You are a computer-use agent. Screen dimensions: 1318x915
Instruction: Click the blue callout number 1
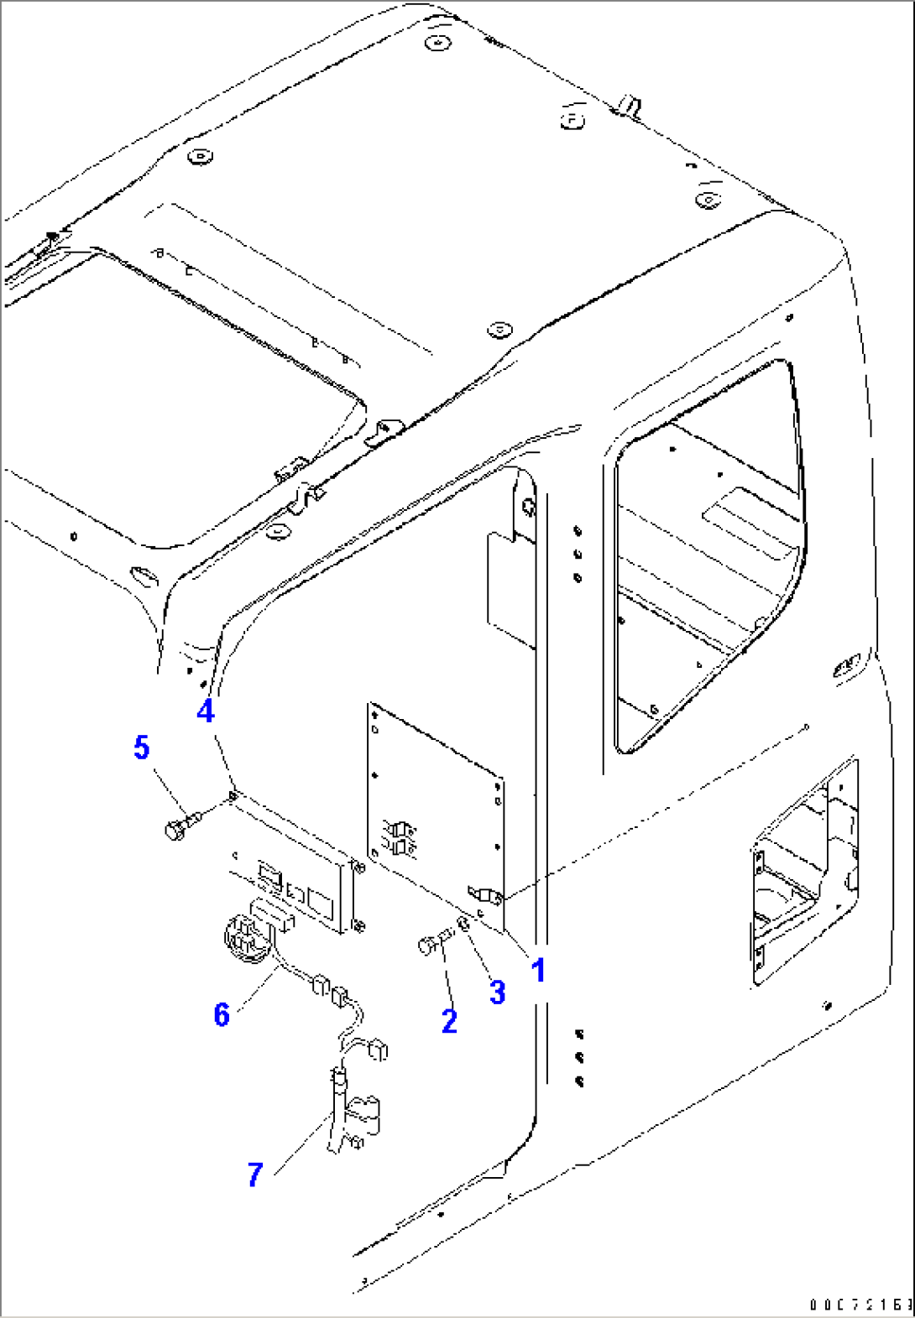539,971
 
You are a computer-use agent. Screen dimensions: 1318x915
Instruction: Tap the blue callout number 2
450,1021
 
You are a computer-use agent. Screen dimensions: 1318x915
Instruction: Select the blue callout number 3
498,992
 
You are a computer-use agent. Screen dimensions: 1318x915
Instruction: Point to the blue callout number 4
206,711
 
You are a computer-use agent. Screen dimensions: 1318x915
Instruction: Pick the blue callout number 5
142,748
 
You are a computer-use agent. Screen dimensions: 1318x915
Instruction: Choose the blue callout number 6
222,1014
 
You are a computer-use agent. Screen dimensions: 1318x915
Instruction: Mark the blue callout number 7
255,1175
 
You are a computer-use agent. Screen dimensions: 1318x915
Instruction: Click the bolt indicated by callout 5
180,827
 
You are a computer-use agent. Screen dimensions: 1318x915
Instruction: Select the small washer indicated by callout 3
463,925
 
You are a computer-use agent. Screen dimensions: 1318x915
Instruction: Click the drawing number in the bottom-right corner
860,1305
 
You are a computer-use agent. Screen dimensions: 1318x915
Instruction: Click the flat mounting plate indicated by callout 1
437,805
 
